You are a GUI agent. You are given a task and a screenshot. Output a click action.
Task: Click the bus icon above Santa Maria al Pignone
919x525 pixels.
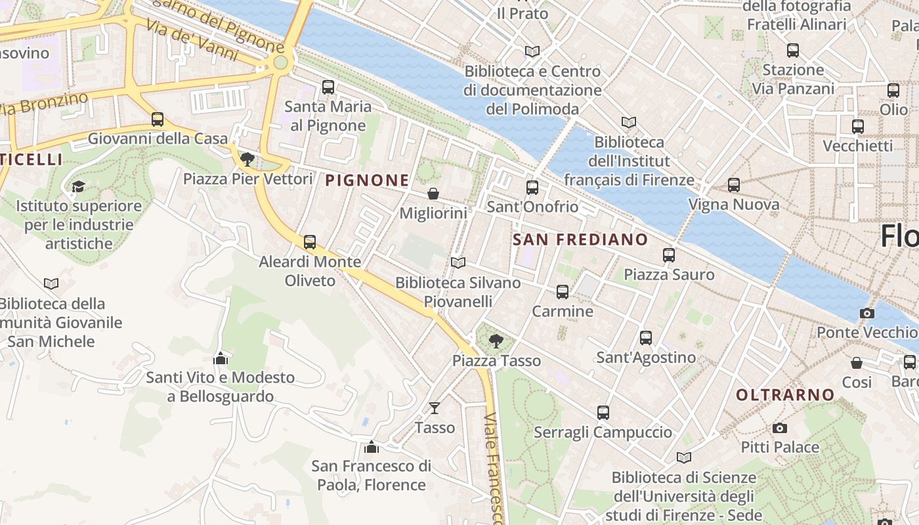[328, 87]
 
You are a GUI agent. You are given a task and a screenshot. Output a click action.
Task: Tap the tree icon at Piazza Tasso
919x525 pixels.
[496, 341]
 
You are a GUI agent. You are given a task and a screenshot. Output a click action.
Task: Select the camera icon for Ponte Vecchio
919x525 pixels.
[867, 313]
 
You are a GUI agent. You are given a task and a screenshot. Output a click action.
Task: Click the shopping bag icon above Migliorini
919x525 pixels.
[433, 194]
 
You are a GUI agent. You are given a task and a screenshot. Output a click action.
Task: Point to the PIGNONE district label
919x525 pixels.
[367, 180]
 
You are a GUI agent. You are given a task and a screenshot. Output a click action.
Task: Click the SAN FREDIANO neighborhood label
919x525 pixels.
[580, 240]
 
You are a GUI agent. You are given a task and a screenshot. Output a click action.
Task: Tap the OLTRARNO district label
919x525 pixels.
[785, 395]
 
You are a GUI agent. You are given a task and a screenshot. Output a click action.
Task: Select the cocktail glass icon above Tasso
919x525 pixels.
[434, 408]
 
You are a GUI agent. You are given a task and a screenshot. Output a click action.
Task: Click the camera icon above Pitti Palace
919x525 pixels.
[779, 428]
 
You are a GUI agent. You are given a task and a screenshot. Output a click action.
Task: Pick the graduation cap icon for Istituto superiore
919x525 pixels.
[78, 186]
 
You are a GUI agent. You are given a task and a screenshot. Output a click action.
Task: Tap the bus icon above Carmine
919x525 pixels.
[563, 292]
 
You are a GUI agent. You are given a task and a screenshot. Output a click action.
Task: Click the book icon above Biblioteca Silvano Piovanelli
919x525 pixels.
[458, 263]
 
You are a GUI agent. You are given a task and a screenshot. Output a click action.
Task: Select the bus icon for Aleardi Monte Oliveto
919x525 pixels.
[310, 242]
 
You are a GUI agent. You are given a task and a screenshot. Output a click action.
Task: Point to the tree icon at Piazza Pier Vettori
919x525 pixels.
[247, 159]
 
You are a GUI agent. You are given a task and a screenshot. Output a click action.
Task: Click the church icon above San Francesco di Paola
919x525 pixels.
[372, 447]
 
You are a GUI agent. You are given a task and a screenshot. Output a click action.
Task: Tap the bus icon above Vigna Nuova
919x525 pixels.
[734, 185]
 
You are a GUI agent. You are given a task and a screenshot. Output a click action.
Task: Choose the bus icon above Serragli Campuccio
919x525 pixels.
[603, 413]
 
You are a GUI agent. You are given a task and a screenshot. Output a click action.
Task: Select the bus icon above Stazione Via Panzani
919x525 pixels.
[793, 50]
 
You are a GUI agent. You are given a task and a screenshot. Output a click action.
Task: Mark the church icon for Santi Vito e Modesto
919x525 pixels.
[221, 358]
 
